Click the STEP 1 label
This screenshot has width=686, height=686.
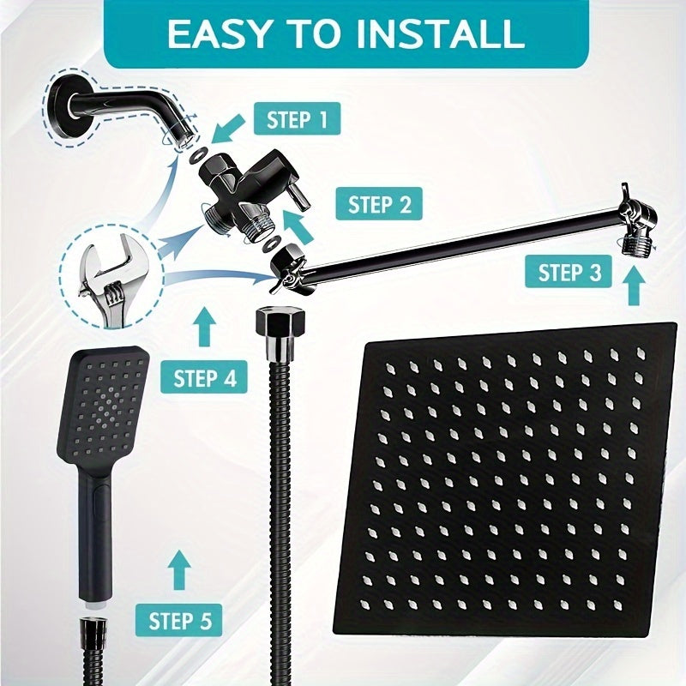pos(298,119)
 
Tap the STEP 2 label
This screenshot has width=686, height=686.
pos(380,205)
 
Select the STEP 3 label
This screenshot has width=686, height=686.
pos(569,274)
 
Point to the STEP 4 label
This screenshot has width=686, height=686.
pos(205,377)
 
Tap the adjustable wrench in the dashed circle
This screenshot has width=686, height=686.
pos(102,267)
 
